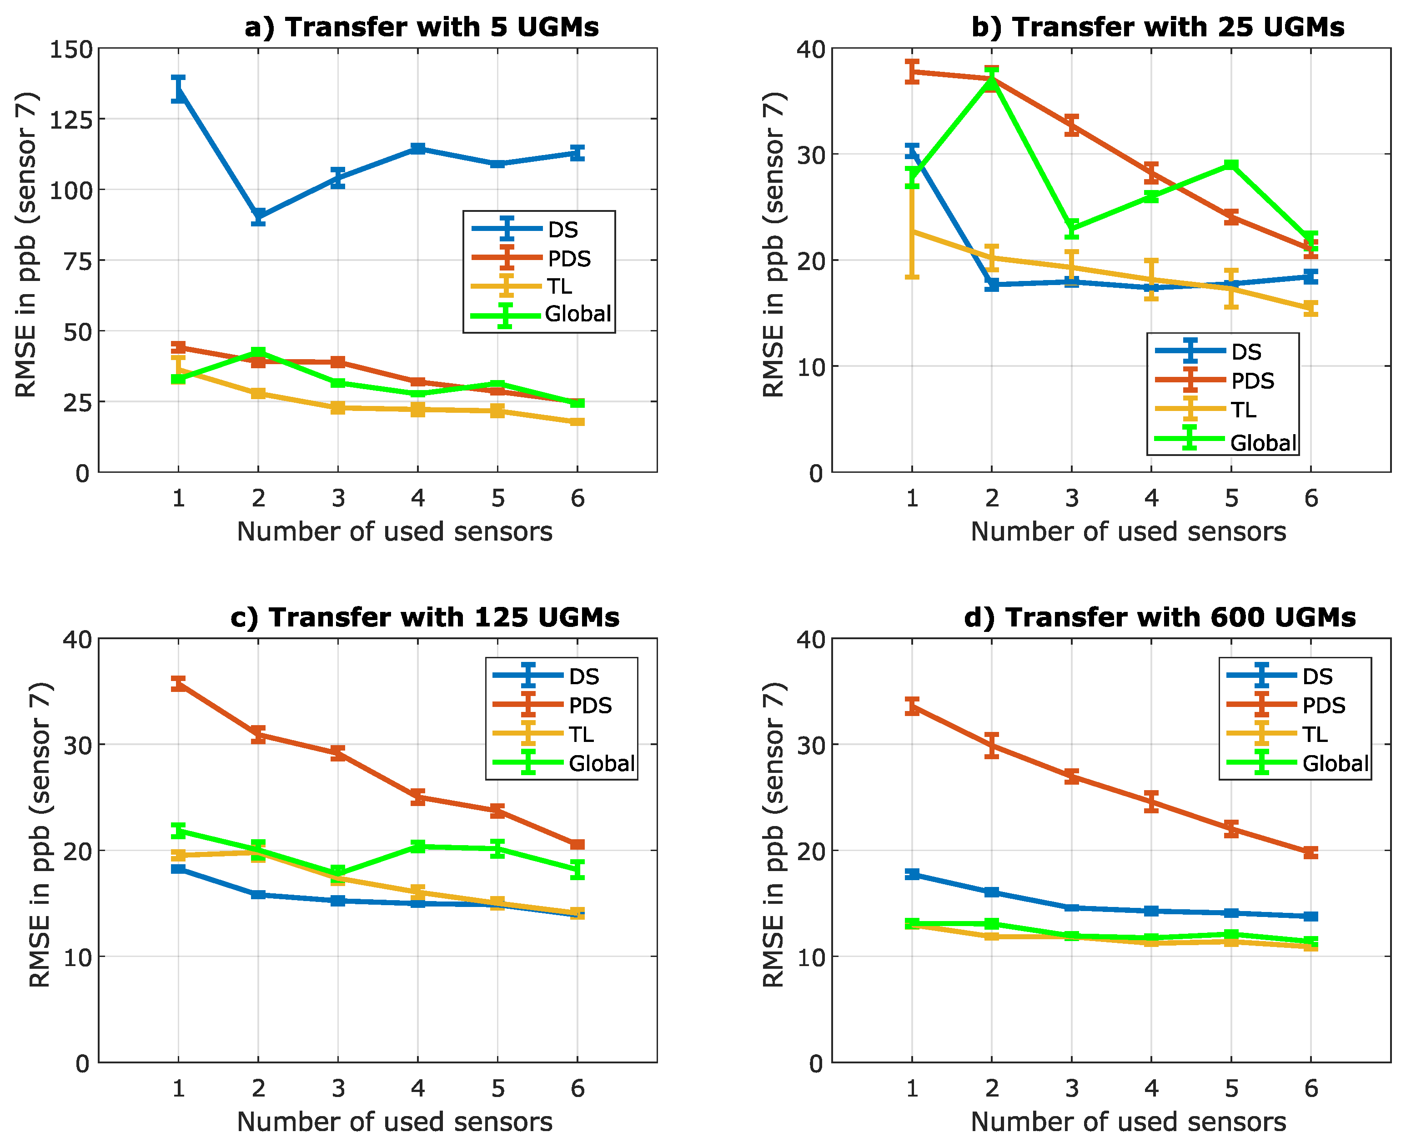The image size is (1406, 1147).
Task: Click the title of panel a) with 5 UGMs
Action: point(422,28)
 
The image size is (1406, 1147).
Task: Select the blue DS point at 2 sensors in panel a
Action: point(258,217)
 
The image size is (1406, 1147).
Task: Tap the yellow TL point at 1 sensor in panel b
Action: point(912,231)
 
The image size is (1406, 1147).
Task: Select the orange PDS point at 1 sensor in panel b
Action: point(912,71)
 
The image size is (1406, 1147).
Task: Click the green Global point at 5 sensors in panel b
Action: point(1231,165)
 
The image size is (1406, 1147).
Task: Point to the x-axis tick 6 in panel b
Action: point(1311,499)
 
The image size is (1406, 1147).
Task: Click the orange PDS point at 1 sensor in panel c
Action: point(178,684)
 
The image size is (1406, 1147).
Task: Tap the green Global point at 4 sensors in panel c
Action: point(417,846)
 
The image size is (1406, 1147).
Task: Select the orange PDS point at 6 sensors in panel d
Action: point(1311,852)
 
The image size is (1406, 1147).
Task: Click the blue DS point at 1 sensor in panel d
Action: point(912,874)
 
